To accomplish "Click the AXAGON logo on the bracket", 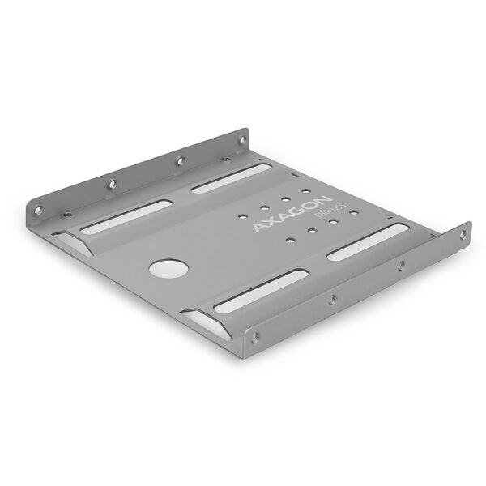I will click(291, 214).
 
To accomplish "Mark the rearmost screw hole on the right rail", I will click(463, 235).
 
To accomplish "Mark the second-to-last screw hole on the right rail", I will click(400, 264).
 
